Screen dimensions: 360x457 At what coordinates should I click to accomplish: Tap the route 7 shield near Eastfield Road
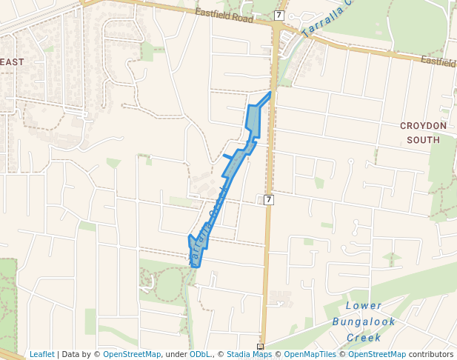click(x=278, y=16)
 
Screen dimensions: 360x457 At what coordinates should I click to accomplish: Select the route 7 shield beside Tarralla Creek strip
click(x=268, y=200)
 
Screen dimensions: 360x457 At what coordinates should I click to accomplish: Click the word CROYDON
click(x=423, y=126)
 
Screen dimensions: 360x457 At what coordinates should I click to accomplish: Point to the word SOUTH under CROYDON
click(x=423, y=139)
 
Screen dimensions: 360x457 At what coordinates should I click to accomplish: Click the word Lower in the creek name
click(x=364, y=306)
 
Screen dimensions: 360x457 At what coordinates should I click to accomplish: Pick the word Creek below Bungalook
click(x=364, y=338)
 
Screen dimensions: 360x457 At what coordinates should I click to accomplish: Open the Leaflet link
click(x=41, y=355)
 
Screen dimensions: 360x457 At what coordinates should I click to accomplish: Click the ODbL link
click(x=200, y=355)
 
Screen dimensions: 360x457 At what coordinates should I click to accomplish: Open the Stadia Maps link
click(x=249, y=355)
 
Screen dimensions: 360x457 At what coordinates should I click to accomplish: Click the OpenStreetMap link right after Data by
click(x=131, y=355)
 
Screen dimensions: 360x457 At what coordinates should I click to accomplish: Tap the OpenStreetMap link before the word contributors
click(x=377, y=355)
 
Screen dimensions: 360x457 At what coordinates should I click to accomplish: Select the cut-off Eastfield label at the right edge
click(x=441, y=61)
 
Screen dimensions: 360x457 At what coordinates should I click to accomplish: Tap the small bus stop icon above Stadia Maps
click(x=260, y=346)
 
